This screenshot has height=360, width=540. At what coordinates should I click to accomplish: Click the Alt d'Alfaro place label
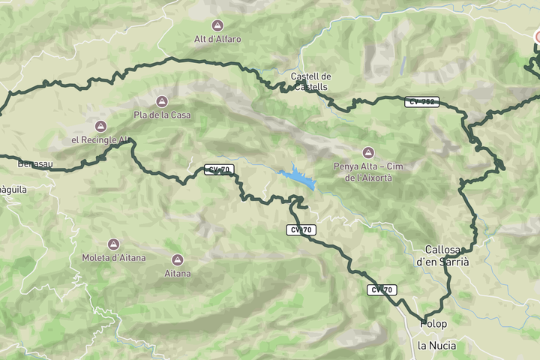click(x=217, y=39)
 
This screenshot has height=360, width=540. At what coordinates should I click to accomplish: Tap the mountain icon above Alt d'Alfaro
click(x=217, y=25)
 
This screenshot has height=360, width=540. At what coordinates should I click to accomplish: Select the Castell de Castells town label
click(x=310, y=81)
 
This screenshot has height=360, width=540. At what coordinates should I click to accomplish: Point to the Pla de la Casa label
click(x=162, y=115)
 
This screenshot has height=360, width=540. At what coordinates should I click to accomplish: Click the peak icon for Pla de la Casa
click(x=160, y=101)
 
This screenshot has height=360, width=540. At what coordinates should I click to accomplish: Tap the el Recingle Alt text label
click(x=100, y=139)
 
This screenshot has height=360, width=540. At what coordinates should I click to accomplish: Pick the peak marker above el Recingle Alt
click(x=100, y=126)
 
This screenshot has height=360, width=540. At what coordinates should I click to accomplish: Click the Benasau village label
click(x=34, y=163)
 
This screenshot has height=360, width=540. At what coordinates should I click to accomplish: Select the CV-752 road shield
click(x=421, y=102)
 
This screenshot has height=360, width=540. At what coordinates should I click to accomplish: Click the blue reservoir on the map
click(x=298, y=178)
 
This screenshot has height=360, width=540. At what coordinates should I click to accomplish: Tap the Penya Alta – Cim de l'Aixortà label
click(x=367, y=172)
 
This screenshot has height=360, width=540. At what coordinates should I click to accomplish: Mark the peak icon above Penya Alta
click(x=367, y=152)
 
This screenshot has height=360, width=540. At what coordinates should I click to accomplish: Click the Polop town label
click(x=433, y=324)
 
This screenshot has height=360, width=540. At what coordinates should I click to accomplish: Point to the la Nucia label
click(x=436, y=346)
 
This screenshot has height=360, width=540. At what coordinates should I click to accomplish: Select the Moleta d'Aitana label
click(x=114, y=258)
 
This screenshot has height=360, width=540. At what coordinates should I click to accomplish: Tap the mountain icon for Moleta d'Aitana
click(x=113, y=244)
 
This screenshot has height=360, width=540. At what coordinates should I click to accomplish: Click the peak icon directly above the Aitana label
click(x=178, y=260)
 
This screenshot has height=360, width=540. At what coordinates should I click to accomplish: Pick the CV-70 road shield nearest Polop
click(x=382, y=289)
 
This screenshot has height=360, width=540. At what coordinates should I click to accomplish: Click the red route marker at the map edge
click(x=538, y=37)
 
